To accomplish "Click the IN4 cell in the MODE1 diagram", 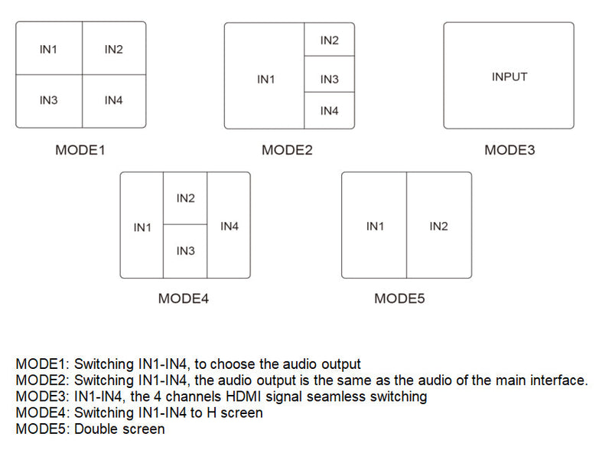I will click(113, 100).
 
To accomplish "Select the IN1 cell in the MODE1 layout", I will click(48, 50).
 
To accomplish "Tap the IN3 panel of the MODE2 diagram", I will click(329, 80).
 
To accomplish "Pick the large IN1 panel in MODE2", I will click(265, 80).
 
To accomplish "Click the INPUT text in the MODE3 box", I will click(509, 77).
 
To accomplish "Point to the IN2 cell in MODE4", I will click(185, 198).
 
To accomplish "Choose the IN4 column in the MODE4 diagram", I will click(229, 227).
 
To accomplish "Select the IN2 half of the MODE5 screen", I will click(438, 227).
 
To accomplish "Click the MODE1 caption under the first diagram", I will click(80, 150).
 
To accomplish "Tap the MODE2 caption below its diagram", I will click(287, 150).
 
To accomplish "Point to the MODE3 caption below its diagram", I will click(509, 150).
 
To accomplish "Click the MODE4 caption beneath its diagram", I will click(184, 298).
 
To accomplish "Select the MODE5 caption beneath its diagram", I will click(399, 298).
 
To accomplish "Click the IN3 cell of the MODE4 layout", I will click(185, 251).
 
